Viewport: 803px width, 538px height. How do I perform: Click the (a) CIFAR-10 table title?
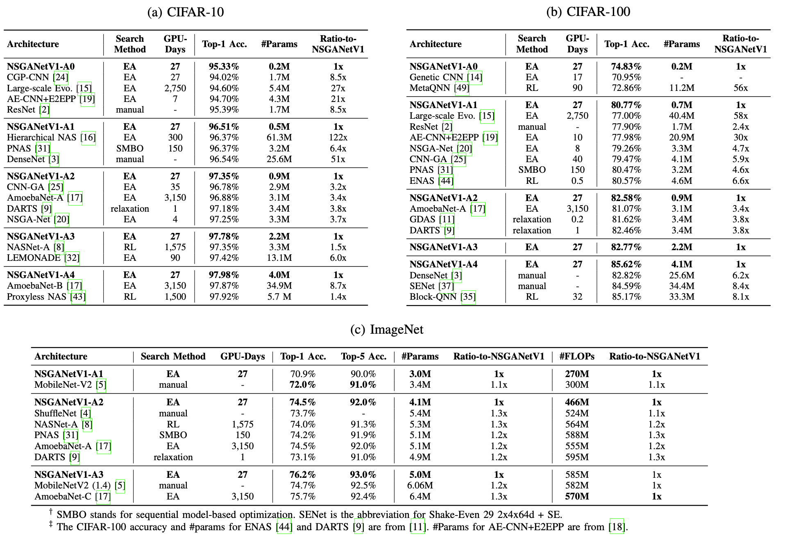pyautogui.click(x=186, y=12)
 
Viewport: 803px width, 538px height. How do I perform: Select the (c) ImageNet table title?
pyautogui.click(x=387, y=330)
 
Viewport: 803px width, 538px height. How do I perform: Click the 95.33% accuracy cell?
pyautogui.click(x=224, y=66)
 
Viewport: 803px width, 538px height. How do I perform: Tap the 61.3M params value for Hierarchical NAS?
pyautogui.click(x=279, y=138)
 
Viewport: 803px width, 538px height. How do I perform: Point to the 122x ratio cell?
pyautogui.click(x=338, y=138)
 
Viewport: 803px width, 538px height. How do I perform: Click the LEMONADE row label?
pyautogui.click(x=34, y=258)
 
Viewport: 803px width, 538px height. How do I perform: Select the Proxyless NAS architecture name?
pyautogui.click(x=36, y=296)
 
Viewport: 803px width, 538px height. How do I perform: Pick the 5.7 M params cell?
pyautogui.click(x=279, y=296)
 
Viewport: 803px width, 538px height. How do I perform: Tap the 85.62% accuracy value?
pyautogui.click(x=626, y=264)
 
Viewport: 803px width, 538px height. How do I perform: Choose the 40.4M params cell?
pyautogui.click(x=681, y=116)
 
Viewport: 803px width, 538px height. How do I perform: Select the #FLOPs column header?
pyautogui.click(x=576, y=357)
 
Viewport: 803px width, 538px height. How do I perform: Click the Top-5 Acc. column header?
pyautogui.click(x=363, y=357)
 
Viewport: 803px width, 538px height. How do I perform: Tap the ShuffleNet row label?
pyautogui.click(x=56, y=414)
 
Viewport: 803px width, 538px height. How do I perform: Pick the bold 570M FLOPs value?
pyautogui.click(x=576, y=497)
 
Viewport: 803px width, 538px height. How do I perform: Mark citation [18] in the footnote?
pyautogui.click(x=617, y=527)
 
